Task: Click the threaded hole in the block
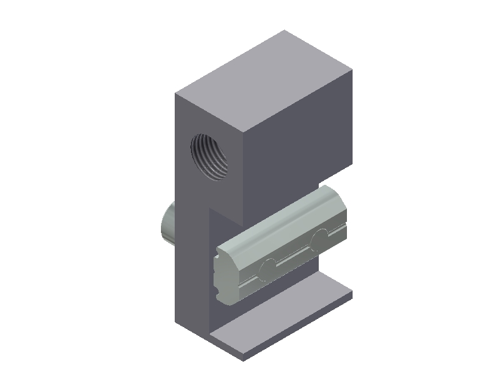(x=209, y=157)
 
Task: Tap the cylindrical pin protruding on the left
(x=167, y=225)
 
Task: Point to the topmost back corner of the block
(x=286, y=30)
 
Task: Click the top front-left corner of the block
(x=175, y=94)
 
